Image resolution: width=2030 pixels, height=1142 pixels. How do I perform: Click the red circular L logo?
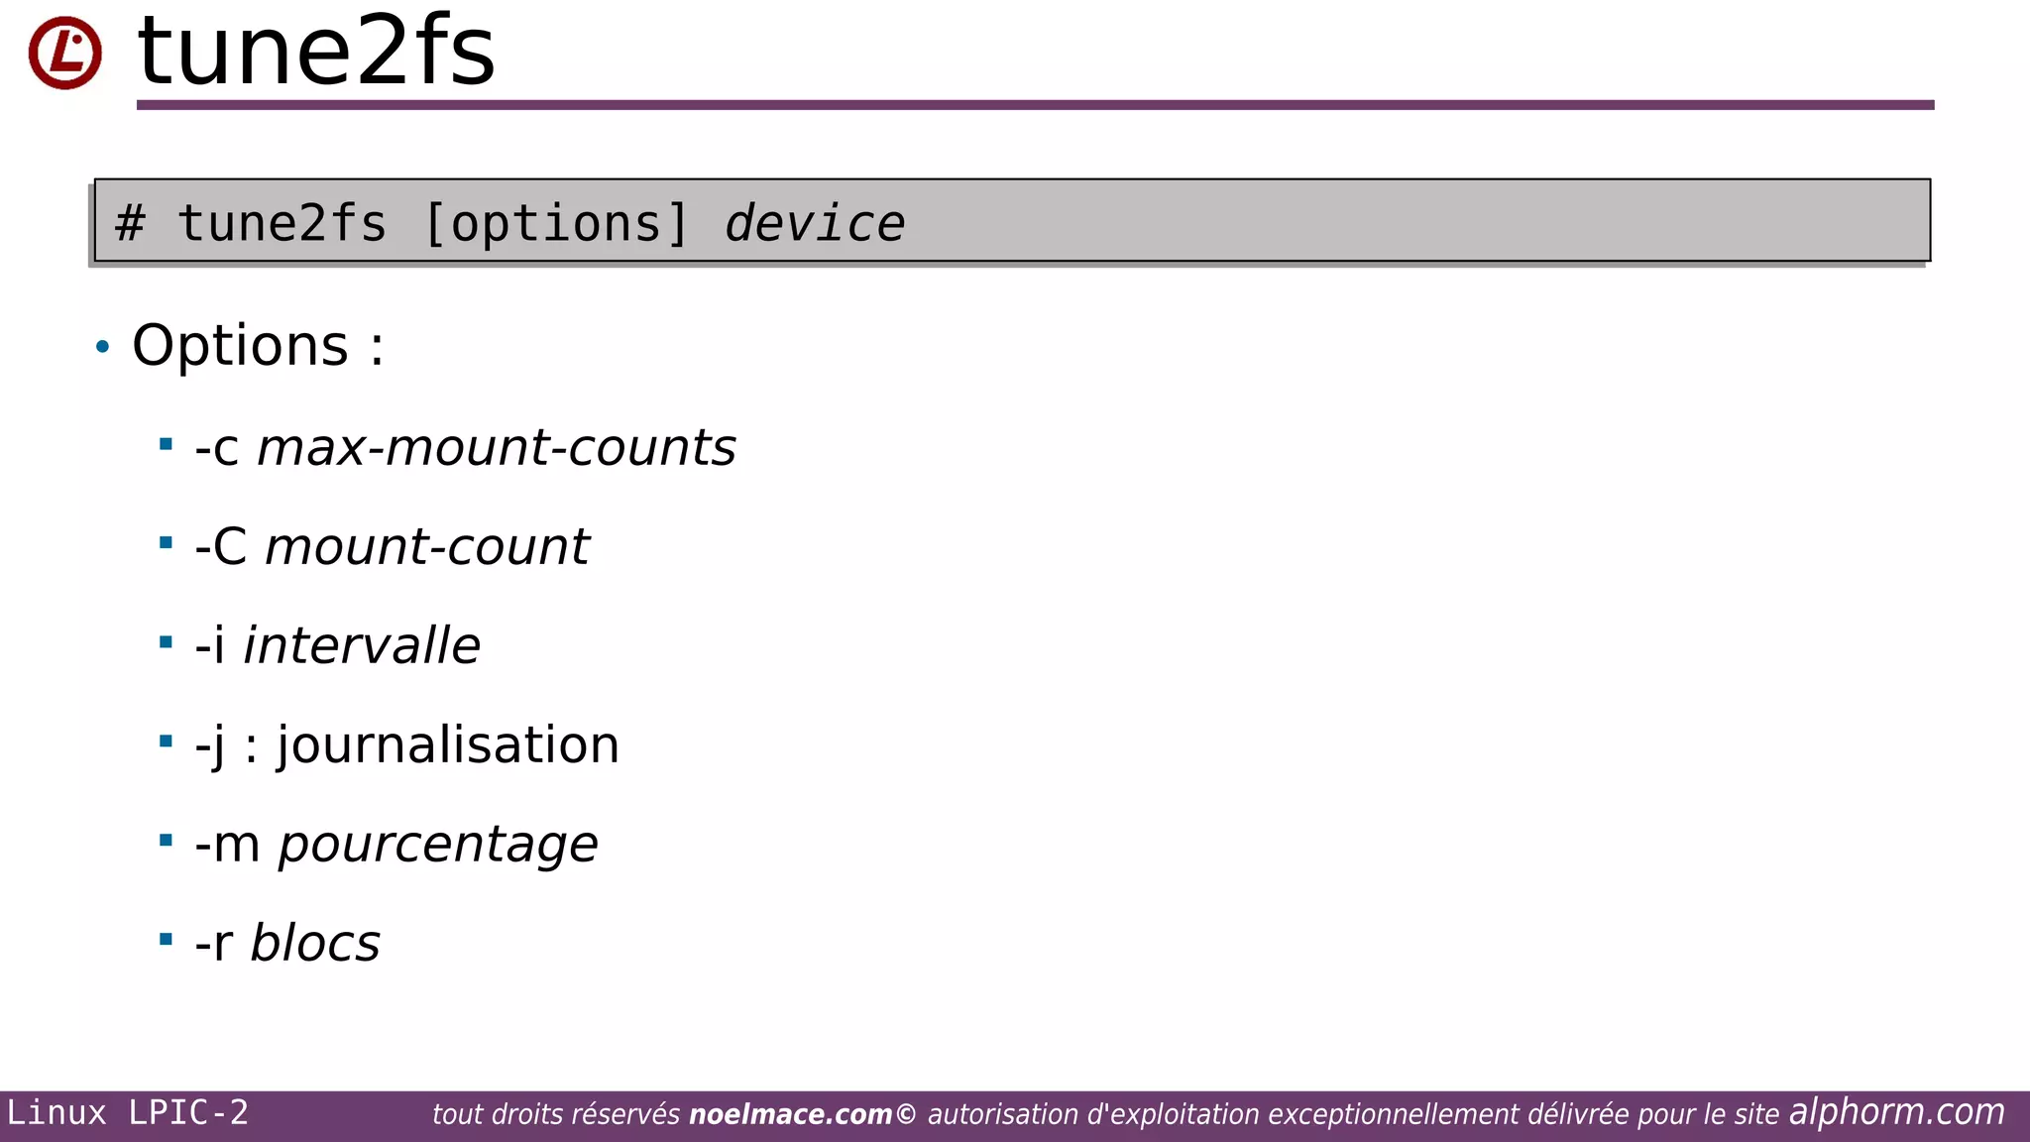point(64,53)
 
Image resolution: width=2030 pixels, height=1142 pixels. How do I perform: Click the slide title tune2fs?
point(316,52)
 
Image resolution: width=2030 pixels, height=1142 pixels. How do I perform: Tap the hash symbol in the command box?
point(130,223)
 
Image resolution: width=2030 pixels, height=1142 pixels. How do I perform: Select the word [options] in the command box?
point(555,223)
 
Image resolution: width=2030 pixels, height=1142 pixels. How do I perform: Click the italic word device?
point(814,223)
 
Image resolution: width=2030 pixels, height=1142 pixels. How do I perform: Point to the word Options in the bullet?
point(240,346)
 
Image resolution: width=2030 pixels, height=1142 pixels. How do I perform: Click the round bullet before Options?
point(103,347)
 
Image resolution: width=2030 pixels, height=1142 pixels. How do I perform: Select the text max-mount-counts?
point(497,447)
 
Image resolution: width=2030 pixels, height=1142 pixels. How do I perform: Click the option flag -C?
point(221,546)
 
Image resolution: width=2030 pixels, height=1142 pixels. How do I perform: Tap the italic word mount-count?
point(426,546)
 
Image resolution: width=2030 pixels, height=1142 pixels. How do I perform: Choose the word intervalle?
point(362,645)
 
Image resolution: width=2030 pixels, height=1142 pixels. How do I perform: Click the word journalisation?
point(448,744)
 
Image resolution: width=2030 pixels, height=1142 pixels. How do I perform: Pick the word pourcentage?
point(437,845)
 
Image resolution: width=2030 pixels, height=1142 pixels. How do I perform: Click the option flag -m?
point(227,845)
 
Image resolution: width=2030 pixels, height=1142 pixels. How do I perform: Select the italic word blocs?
point(315,943)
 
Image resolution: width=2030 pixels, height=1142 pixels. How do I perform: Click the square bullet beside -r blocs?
point(166,939)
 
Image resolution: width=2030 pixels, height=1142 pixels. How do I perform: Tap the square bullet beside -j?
point(166,741)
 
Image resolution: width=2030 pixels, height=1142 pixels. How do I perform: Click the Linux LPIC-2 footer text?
point(128,1113)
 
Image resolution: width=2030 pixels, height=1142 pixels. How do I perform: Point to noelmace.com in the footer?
point(790,1114)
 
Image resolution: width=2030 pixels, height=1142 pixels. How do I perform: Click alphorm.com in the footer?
point(1896,1112)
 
